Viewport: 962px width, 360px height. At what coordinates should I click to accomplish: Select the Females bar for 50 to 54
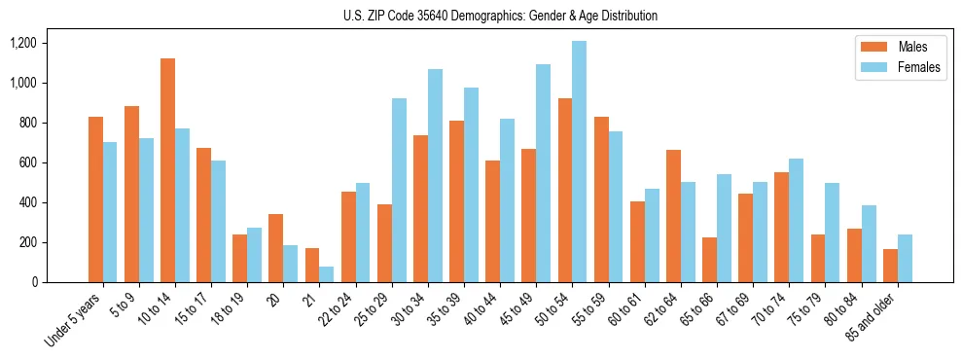(x=579, y=162)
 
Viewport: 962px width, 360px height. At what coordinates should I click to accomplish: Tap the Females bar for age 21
(x=327, y=274)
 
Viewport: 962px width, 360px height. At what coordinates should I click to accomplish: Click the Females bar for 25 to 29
(x=399, y=190)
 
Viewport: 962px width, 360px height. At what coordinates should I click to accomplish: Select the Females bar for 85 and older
(x=905, y=258)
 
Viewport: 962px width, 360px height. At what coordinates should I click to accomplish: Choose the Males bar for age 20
(x=275, y=248)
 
